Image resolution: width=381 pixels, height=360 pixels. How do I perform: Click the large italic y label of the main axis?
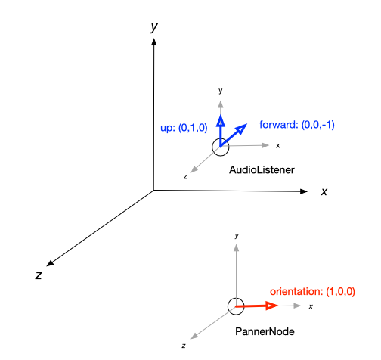point(154,27)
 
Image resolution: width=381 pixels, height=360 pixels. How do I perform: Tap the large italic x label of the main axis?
point(324,192)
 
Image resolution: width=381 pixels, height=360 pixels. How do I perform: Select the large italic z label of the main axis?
point(39,275)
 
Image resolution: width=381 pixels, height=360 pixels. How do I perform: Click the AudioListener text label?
point(262,170)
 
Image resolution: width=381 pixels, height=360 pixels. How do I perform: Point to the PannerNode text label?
point(265,331)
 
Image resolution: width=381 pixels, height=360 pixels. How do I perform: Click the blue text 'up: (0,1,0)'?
point(184,128)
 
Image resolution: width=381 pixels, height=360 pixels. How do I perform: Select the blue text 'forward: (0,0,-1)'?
point(297,125)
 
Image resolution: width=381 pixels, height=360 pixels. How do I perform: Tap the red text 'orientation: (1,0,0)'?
point(312,291)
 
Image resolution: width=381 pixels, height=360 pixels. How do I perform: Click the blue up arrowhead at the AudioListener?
point(221,121)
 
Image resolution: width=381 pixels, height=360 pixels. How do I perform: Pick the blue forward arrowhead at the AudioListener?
point(240,129)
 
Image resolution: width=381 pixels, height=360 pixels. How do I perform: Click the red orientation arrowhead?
point(271,306)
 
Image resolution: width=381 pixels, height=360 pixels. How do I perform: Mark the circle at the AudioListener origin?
point(212,147)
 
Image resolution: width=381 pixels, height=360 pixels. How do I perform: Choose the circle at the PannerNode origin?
point(228,306)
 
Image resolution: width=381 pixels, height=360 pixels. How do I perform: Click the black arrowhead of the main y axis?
point(153,42)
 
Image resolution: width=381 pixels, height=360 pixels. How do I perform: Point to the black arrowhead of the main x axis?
point(304,191)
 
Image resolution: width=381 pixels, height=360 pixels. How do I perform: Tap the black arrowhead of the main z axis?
point(50,263)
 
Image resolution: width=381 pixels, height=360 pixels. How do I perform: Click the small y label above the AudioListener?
point(221,91)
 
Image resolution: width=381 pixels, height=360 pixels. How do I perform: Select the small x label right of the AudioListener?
point(277,146)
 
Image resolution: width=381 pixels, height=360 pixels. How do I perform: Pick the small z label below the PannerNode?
point(184,346)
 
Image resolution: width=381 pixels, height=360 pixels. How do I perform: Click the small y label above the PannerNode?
point(237,236)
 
